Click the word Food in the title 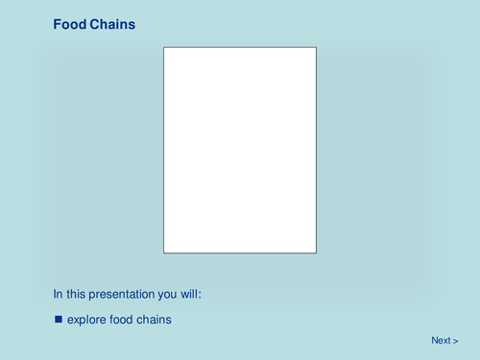tap(69, 24)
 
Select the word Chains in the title tap(112, 24)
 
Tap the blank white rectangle tap(239, 150)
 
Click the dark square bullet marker tap(58, 319)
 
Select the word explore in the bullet tap(87, 320)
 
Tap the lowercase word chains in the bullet tap(156, 319)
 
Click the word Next tap(441, 341)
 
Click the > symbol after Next tap(456, 341)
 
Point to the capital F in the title tap(57, 24)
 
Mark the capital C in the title tap(93, 24)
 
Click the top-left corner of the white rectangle tap(164, 47)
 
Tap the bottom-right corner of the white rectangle tap(316, 252)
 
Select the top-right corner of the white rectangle tap(316, 47)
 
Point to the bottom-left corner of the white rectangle tap(164, 252)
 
